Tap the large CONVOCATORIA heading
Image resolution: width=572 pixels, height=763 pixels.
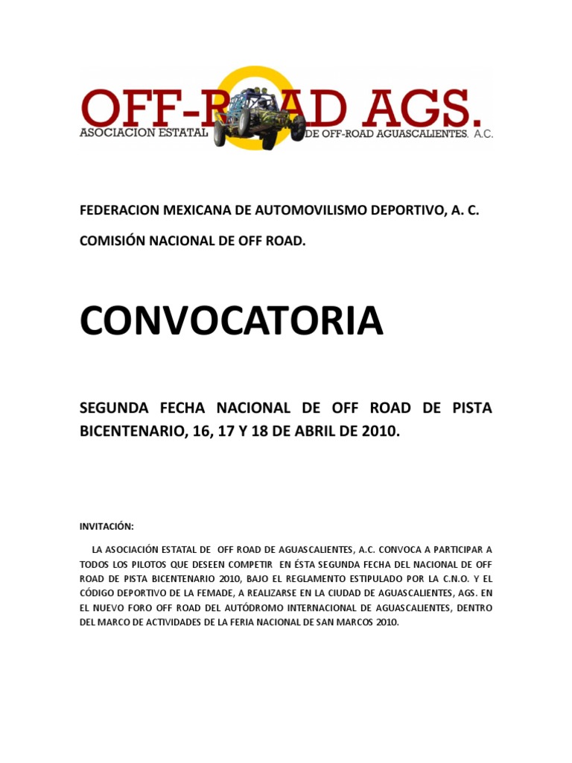pos(232,320)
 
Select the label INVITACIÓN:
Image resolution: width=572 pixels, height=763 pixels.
pos(107,526)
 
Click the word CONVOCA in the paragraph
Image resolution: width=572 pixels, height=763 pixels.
pos(388,548)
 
